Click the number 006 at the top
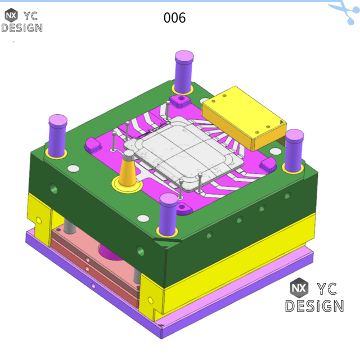174,17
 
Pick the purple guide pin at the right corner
294,150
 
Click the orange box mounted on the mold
243,116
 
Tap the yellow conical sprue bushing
128,172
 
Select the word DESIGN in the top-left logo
21,28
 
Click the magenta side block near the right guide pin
268,164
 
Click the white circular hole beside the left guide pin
73,168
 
